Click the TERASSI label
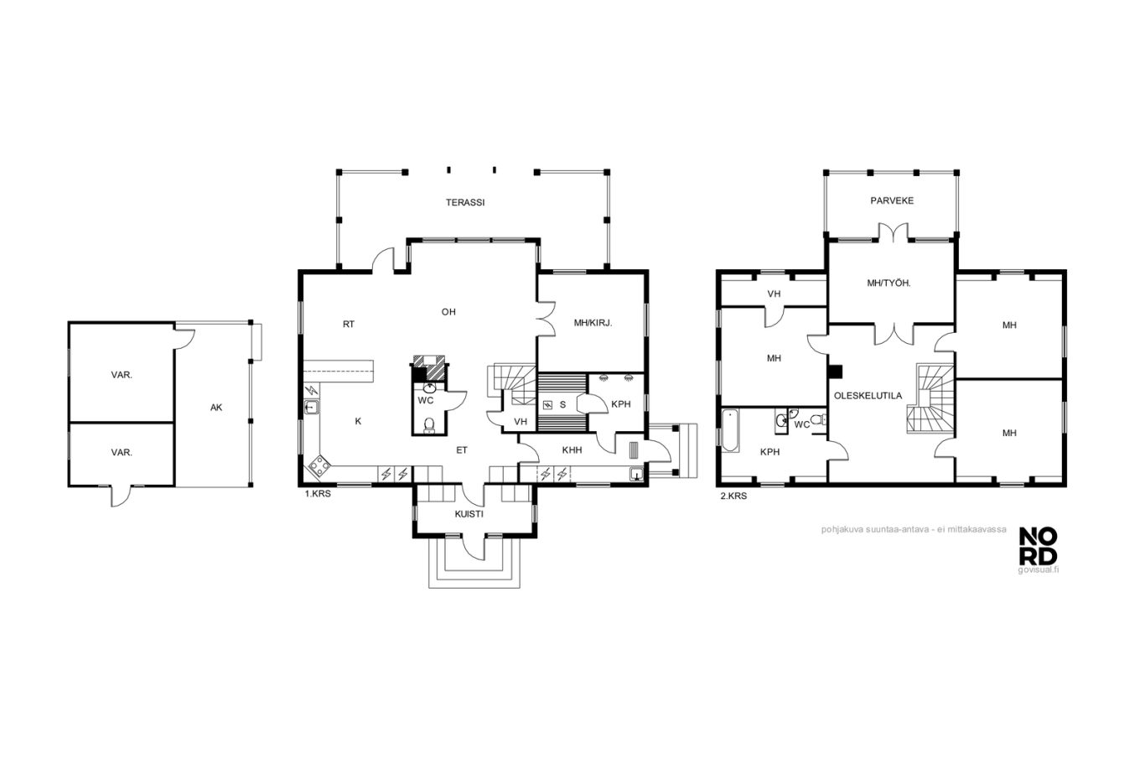[464, 202]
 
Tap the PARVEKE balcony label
[892, 201]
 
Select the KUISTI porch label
[469, 514]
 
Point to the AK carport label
[216, 408]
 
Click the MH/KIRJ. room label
[593, 323]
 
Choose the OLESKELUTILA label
[868, 396]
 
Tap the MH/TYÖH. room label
[889, 283]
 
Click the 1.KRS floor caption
[318, 494]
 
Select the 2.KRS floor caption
[733, 496]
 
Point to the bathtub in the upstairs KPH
[729, 430]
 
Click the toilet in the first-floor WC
[429, 425]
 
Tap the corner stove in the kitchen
[319, 466]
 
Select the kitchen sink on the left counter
[311, 408]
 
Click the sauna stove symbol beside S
[547, 405]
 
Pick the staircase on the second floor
[930, 399]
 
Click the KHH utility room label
[572, 450]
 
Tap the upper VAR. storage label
[122, 375]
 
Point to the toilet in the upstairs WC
[817, 420]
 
